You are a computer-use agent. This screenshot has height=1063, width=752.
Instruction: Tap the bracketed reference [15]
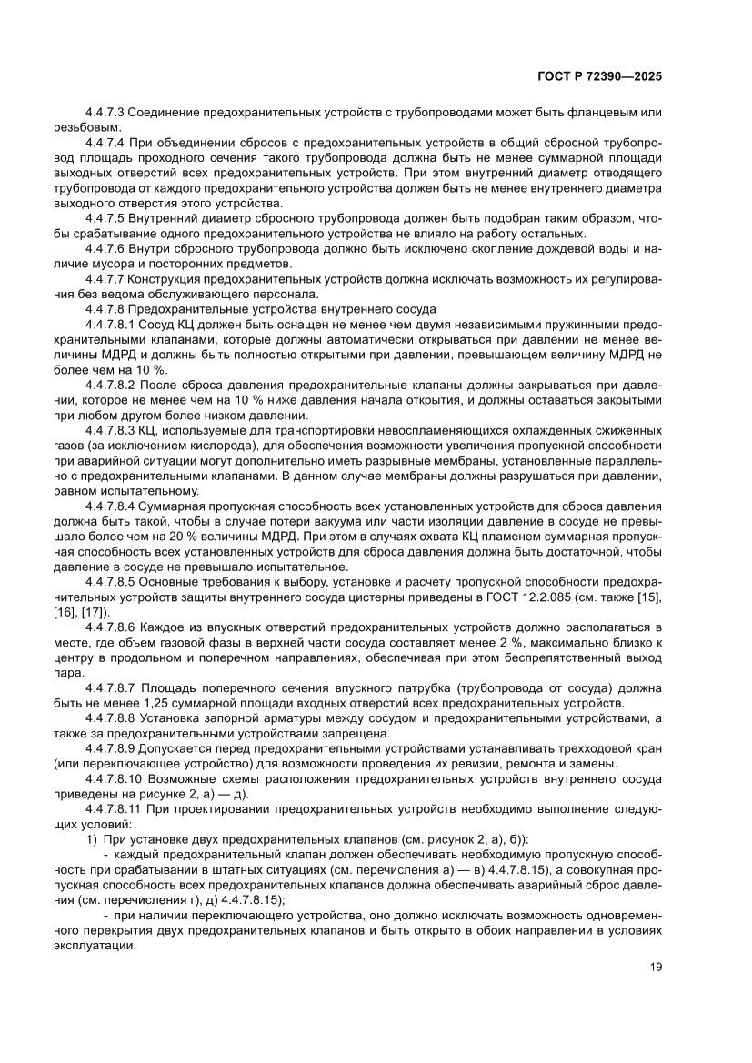click(x=648, y=592)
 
